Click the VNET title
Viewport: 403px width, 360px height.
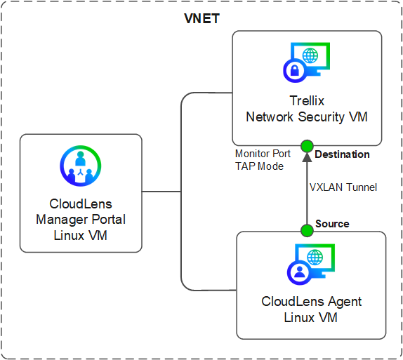(x=201, y=18)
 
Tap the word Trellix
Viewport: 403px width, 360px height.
(x=307, y=100)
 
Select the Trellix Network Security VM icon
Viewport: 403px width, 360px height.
(x=306, y=62)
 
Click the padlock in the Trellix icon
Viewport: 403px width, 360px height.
(x=295, y=70)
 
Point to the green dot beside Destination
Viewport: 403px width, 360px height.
(x=307, y=146)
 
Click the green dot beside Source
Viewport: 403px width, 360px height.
(x=307, y=230)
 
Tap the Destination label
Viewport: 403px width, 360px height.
(x=342, y=154)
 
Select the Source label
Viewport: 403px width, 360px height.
(x=332, y=224)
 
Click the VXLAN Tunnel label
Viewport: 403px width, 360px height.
(x=343, y=187)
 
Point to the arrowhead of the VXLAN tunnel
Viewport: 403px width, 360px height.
(x=307, y=157)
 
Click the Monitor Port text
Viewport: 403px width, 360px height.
(x=263, y=154)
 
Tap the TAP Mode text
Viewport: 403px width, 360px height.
(x=259, y=166)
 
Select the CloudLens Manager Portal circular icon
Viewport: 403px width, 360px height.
(x=81, y=166)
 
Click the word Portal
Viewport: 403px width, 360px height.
(x=109, y=220)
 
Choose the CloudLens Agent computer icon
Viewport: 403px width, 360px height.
(x=311, y=265)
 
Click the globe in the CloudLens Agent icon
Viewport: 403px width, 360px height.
(x=315, y=257)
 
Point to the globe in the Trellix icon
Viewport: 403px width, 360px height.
(x=310, y=55)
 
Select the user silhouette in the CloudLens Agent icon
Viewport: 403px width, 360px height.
(x=299, y=272)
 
